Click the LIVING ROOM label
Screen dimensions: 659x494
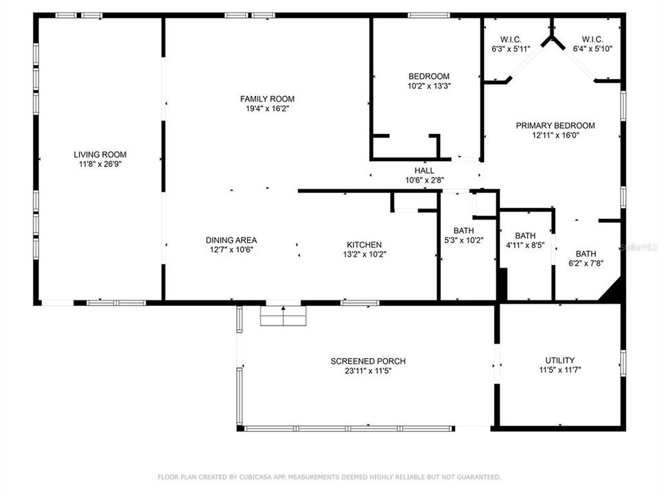100,154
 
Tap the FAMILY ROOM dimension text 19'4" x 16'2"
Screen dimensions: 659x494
267,109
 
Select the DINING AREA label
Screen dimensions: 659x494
231,240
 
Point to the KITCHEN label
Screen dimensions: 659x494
365,244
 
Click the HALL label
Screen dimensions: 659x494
424,171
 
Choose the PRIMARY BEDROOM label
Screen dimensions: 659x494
555,126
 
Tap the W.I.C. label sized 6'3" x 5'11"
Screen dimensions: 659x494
511,40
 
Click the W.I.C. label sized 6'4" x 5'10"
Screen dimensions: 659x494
593,40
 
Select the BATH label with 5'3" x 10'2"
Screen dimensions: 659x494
464,231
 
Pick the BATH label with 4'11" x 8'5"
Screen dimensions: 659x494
525,235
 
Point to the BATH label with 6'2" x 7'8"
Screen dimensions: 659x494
586,254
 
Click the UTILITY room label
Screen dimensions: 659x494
560,360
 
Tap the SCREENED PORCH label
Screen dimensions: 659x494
368,362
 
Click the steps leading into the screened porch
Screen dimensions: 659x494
284,316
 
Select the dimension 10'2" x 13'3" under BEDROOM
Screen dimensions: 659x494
429,86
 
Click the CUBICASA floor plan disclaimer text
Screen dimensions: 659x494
329,477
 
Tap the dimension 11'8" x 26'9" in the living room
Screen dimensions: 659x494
100,164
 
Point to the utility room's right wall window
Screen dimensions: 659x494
623,363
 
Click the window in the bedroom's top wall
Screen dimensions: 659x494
429,16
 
